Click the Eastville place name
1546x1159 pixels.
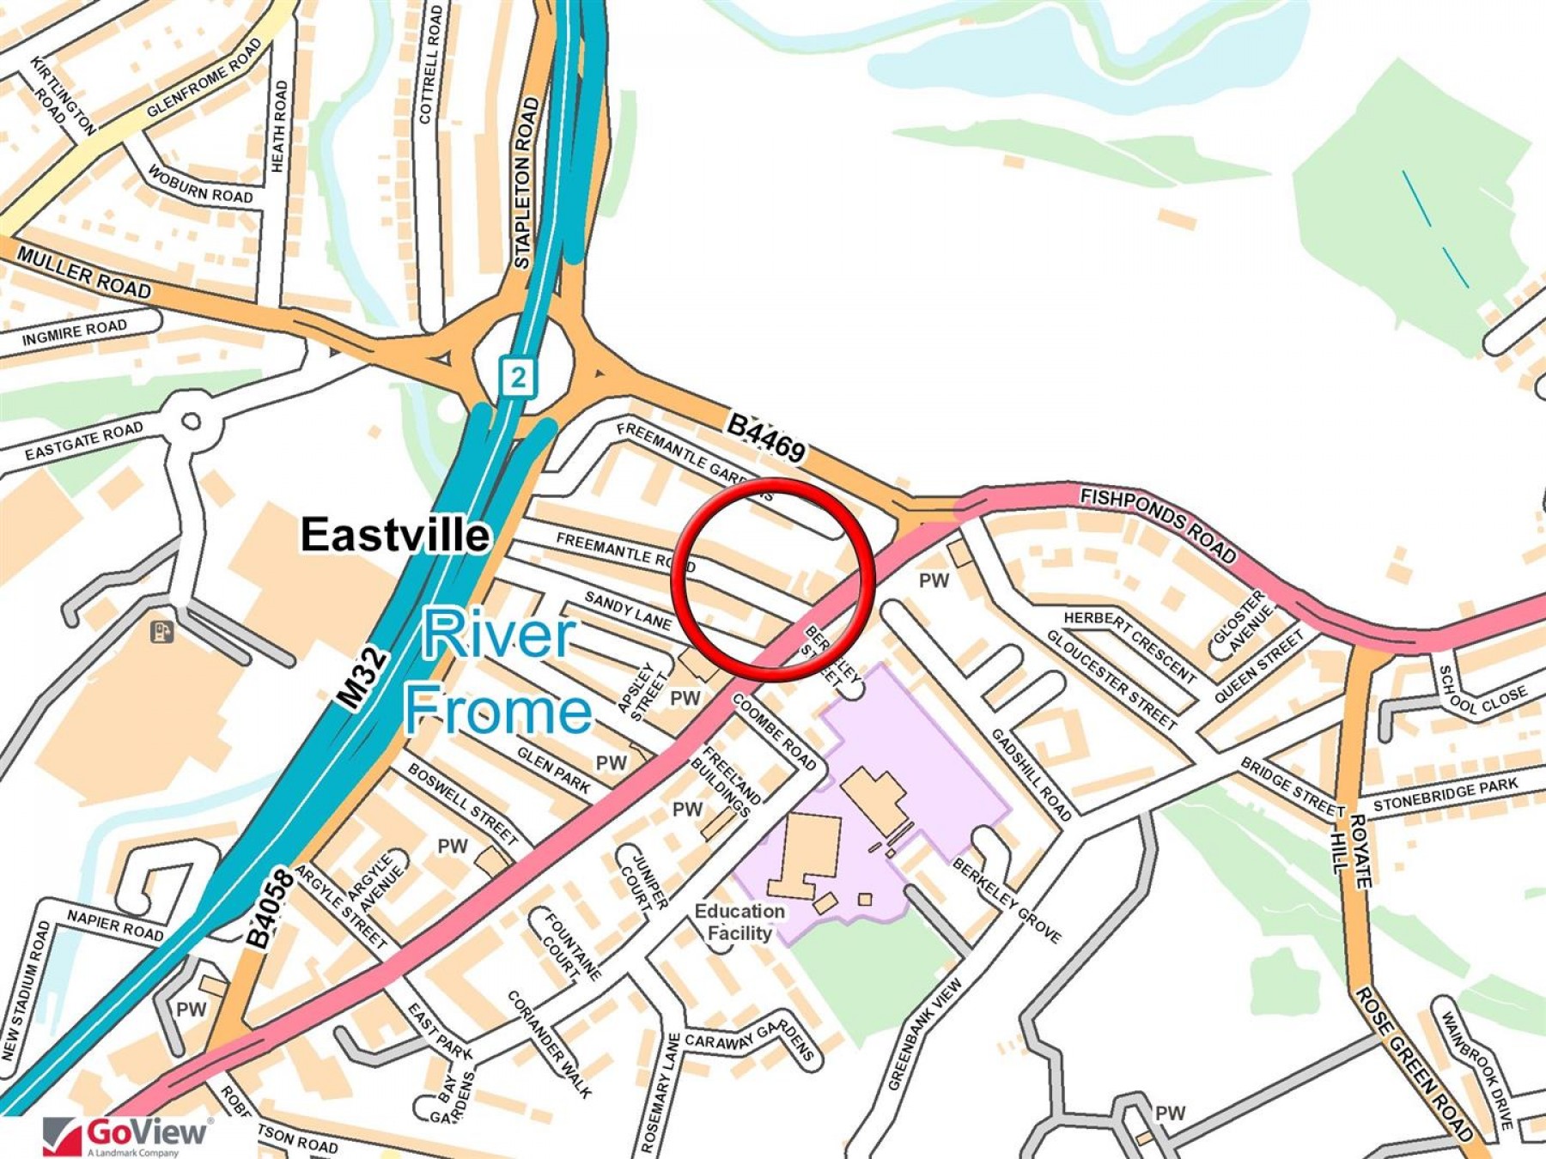click(395, 535)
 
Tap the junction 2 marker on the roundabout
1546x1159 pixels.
click(517, 376)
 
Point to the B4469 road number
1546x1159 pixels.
click(766, 437)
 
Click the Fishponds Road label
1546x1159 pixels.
click(1157, 525)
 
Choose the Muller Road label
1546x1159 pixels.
click(84, 272)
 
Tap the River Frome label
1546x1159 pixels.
click(498, 672)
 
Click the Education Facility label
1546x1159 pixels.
click(740, 922)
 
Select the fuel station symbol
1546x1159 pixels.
click(162, 633)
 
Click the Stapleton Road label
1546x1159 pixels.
click(526, 182)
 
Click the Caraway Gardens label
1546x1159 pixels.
click(749, 1041)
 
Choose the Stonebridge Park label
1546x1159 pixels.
click(1445, 794)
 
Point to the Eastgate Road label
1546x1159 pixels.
click(83, 440)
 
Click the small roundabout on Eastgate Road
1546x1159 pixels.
click(191, 422)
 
